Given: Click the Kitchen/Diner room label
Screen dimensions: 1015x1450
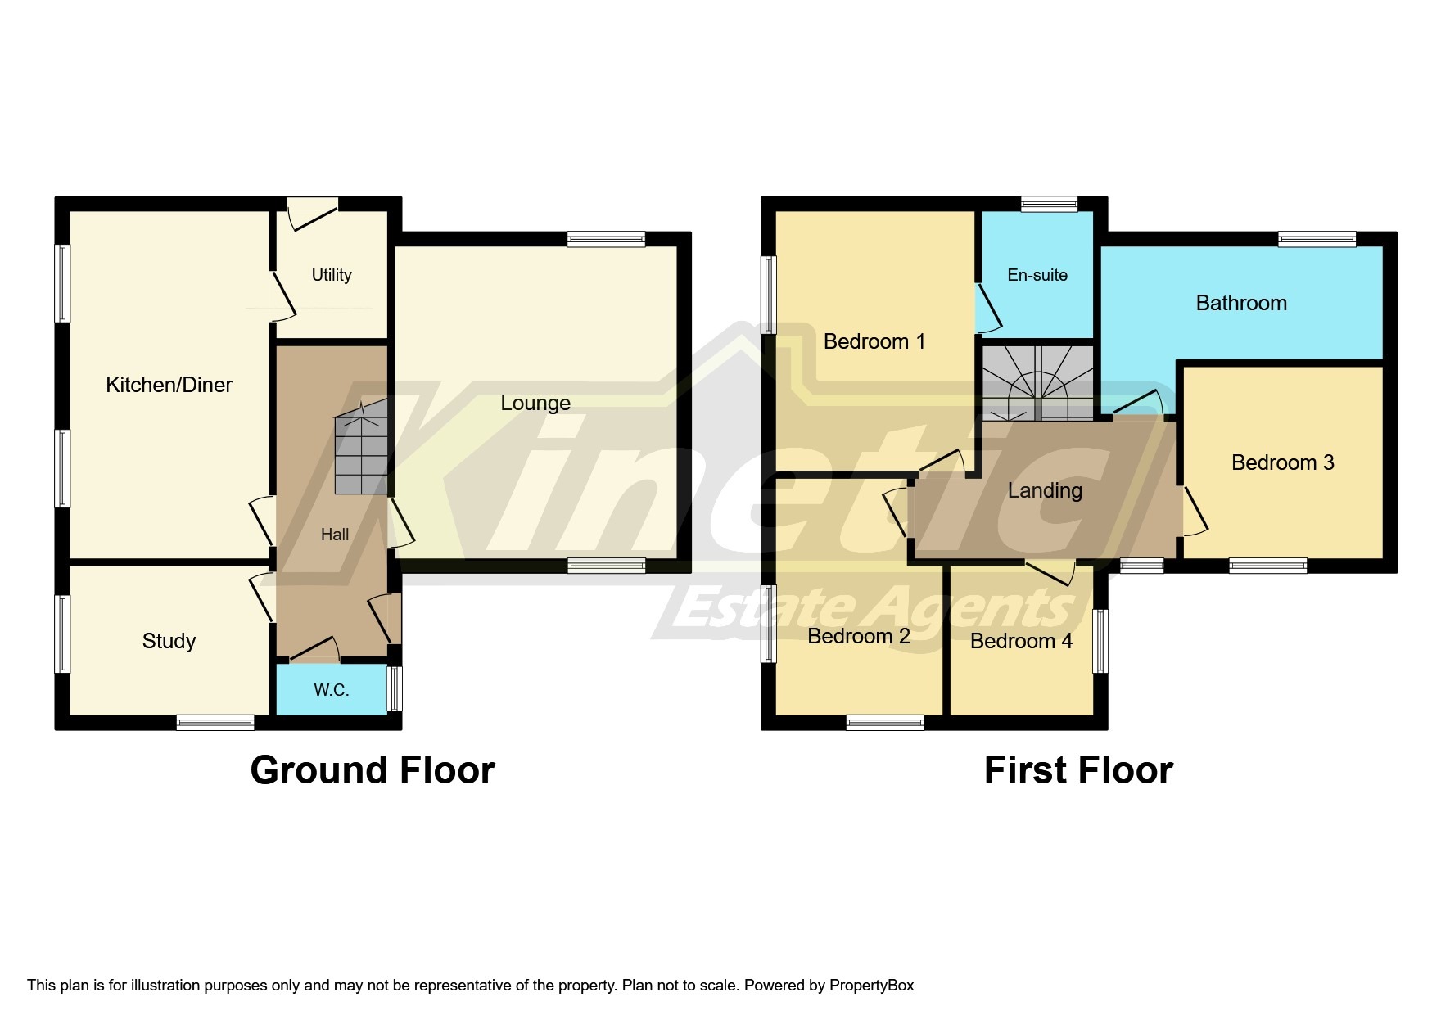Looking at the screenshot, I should click(x=169, y=385).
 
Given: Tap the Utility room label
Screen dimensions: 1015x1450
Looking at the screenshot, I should click(x=332, y=275).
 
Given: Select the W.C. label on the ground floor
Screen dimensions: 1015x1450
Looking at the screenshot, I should click(x=332, y=690).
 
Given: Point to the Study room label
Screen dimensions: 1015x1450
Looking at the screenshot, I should click(x=169, y=641).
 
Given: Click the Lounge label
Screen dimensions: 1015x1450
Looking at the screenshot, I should click(x=535, y=403).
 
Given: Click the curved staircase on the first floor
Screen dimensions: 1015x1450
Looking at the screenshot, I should click(x=1037, y=383).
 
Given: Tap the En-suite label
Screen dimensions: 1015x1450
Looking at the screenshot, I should click(x=1037, y=275).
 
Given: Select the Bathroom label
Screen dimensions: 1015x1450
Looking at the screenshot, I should click(x=1241, y=303).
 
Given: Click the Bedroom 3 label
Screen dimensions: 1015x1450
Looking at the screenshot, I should click(x=1282, y=462).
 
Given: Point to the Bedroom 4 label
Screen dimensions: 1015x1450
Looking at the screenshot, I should click(x=1021, y=641).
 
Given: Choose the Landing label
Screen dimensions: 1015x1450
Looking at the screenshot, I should click(x=1045, y=490).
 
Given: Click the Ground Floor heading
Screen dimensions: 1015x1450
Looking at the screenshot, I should click(x=373, y=770).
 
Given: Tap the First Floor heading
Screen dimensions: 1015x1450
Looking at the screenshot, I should click(x=1078, y=770).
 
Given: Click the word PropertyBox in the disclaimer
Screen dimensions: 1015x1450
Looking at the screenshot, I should click(x=871, y=986).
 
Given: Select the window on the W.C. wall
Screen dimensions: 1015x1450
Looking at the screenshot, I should click(x=395, y=688).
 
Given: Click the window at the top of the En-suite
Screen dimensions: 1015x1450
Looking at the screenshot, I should click(x=1049, y=204).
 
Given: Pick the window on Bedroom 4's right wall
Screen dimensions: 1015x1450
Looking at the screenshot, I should click(x=1101, y=640).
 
